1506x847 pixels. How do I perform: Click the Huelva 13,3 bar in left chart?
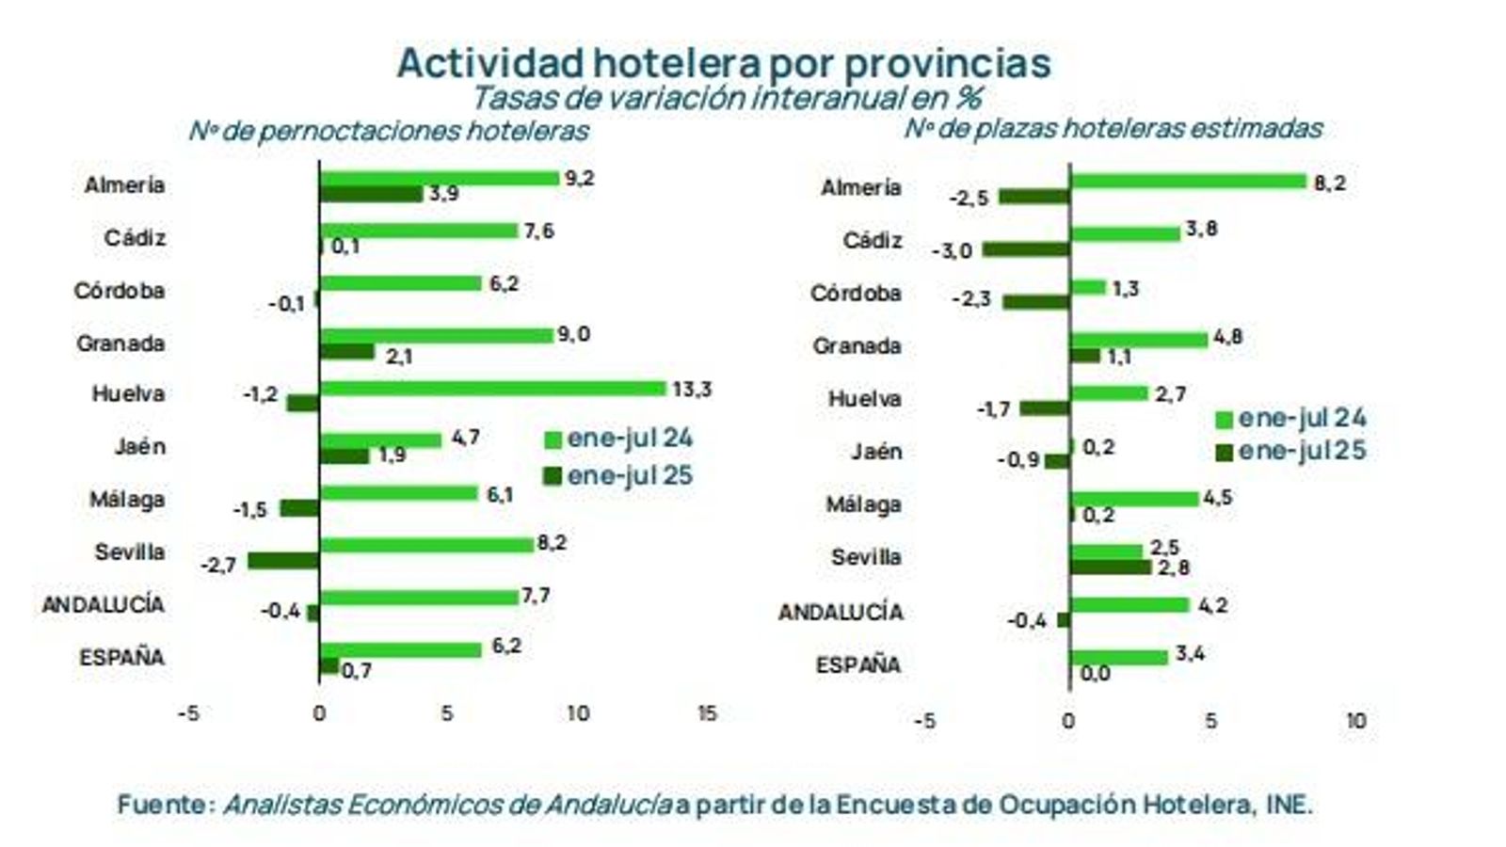click(x=492, y=388)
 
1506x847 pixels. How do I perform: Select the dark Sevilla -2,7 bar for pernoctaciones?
click(x=283, y=561)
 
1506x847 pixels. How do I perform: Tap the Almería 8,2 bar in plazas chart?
click(x=1189, y=182)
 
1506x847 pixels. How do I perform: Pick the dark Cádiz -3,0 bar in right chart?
click(x=1026, y=249)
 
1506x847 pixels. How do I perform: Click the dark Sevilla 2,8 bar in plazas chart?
click(x=1111, y=567)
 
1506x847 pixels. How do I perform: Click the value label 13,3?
click(x=692, y=389)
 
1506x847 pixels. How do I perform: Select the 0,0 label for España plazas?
click(x=1095, y=674)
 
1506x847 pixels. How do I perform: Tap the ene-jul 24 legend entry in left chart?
click(x=619, y=439)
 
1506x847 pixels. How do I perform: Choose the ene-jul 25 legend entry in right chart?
click(x=1291, y=451)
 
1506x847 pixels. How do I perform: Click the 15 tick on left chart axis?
click(x=706, y=713)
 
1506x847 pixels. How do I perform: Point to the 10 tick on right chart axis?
click(x=1354, y=721)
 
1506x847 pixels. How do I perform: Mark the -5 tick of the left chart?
click(x=188, y=713)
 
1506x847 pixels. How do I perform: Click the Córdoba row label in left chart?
click(x=120, y=291)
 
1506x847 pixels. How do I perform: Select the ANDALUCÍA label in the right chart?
click(x=841, y=613)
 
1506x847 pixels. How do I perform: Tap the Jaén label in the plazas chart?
click(x=875, y=452)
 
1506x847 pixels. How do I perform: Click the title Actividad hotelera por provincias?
click(x=723, y=63)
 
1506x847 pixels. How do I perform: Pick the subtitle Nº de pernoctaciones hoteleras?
click(x=389, y=130)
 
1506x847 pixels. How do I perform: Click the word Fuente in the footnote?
click(x=161, y=805)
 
